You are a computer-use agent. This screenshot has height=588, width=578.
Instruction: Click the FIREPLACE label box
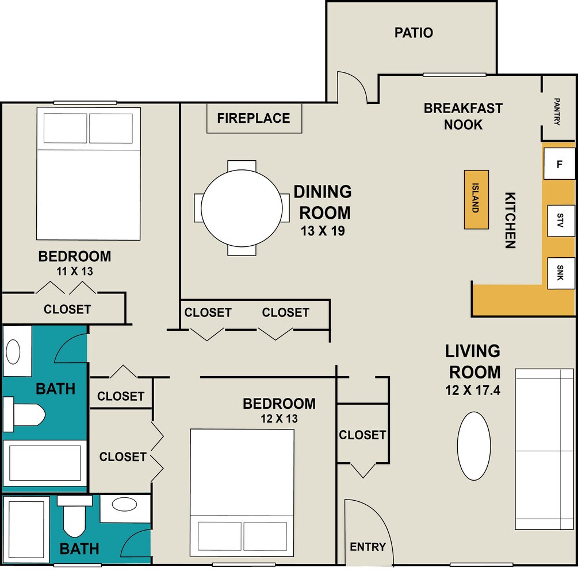click(254, 118)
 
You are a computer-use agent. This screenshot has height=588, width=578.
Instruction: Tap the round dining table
click(242, 208)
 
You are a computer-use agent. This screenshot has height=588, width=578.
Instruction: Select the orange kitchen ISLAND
click(476, 199)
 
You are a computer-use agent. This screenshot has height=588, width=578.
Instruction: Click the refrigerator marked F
click(559, 164)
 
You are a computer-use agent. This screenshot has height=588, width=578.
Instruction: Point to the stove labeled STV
click(561, 220)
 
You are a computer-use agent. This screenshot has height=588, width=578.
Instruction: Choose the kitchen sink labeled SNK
click(561, 273)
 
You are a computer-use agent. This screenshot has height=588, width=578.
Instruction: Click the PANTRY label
click(557, 112)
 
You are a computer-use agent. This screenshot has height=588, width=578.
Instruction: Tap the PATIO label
click(414, 33)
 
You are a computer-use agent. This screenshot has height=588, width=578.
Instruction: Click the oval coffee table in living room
click(474, 446)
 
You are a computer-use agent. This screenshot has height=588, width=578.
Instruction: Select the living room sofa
click(544, 449)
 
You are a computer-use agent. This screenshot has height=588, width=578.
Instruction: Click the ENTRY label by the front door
click(368, 547)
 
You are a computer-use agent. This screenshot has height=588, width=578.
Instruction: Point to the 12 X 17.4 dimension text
click(473, 390)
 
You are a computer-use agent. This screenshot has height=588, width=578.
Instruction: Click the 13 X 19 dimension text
click(323, 231)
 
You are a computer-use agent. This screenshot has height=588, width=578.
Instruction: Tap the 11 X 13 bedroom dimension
click(75, 271)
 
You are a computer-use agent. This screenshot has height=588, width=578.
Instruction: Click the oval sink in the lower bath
click(124, 504)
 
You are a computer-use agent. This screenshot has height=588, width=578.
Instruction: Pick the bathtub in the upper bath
click(45, 463)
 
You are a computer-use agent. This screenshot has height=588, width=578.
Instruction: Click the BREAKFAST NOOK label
click(463, 116)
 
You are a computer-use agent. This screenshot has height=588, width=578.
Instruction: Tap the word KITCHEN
click(510, 220)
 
